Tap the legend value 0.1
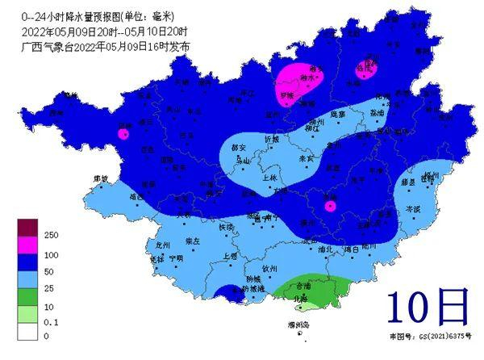(x=47, y=320)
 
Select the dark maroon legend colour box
(x=27, y=228)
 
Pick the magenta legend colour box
(x=27, y=242)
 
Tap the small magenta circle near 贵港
(x=329, y=207)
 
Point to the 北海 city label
(x=299, y=298)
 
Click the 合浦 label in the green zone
(x=302, y=286)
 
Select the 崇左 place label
(x=192, y=241)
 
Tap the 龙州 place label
(x=163, y=244)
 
